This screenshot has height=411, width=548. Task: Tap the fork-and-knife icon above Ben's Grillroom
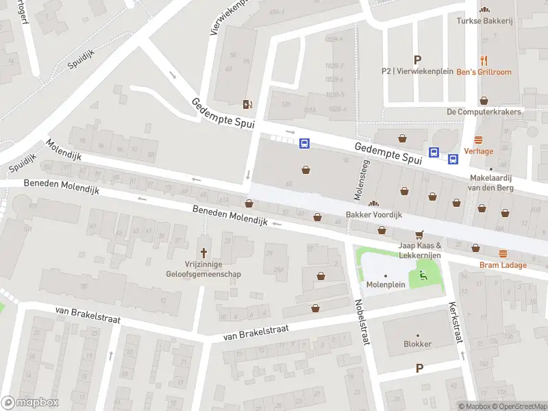[x=484, y=60]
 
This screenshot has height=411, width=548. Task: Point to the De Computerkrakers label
[x=484, y=112]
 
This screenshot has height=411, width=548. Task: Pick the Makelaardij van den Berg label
[x=490, y=182]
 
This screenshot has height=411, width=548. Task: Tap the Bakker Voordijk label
[x=373, y=214]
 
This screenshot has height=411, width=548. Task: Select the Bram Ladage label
[x=503, y=265]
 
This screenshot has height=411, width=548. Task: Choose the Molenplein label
[x=385, y=284]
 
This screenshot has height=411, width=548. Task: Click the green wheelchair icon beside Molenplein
[x=422, y=276]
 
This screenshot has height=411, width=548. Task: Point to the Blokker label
[x=417, y=344]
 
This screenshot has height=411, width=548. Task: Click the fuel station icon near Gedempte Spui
[x=247, y=104]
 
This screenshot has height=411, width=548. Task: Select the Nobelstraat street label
[x=362, y=322]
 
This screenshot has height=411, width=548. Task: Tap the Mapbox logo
[x=29, y=403]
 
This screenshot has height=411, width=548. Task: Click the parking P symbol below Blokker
[x=419, y=368]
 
